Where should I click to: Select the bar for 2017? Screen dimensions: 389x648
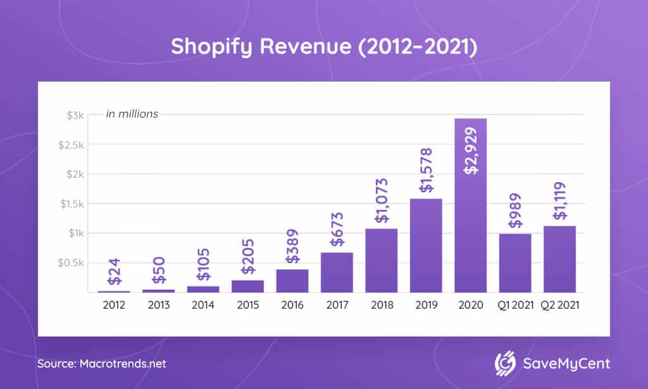(337, 272)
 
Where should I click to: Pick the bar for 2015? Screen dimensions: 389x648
(247, 286)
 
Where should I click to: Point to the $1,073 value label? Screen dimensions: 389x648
(382, 202)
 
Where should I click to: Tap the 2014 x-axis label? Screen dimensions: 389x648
(203, 305)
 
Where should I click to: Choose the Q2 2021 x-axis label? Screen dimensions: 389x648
(559, 305)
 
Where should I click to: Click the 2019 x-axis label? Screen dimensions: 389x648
(426, 305)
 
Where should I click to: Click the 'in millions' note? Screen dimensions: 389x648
(132, 114)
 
